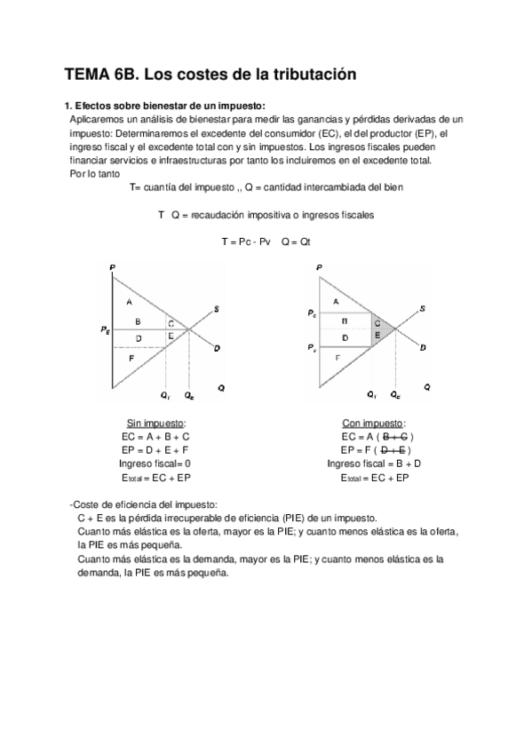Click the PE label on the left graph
pyautogui.click(x=106, y=330)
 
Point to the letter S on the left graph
pyautogui.click(x=217, y=308)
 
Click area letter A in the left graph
pyautogui.click(x=130, y=302)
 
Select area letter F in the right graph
pyautogui.click(x=338, y=356)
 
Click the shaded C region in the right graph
pyautogui.click(x=377, y=323)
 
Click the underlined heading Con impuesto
pyautogui.click(x=374, y=423)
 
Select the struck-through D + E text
pyautogui.click(x=393, y=450)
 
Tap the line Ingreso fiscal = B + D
pyautogui.click(x=374, y=464)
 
